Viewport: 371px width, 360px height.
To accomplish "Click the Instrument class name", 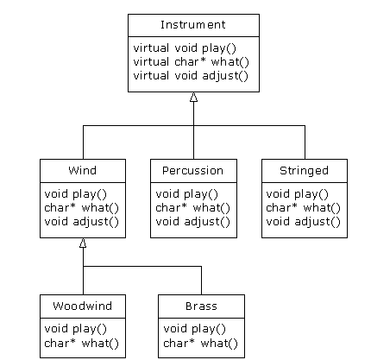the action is click(193, 25).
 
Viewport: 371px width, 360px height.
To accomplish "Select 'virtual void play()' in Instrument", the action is click(185, 48).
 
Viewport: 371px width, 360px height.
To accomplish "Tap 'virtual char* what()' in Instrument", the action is click(192, 62).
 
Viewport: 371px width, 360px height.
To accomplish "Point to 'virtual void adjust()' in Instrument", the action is click(191, 76).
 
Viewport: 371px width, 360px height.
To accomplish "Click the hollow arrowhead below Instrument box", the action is click(193, 97).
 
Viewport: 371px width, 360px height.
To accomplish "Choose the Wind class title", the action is click(83, 170).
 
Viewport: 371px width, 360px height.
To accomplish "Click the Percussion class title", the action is click(193, 171).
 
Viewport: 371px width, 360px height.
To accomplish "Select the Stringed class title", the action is click(305, 171).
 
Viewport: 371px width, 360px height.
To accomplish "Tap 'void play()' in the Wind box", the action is click(75, 194).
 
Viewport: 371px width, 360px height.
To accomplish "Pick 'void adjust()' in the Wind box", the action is click(81, 222).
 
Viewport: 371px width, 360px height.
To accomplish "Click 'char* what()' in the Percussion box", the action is click(192, 208).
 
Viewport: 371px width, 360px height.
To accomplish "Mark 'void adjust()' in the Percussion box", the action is click(192, 222).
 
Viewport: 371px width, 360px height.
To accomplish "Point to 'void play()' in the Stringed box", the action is click(297, 194).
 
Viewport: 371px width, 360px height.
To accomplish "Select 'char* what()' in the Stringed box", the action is click(303, 208).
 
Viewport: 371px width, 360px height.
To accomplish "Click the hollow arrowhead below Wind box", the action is click(83, 243).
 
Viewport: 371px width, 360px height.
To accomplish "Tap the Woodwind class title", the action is click(83, 306).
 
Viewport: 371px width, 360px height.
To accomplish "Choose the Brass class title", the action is click(201, 306).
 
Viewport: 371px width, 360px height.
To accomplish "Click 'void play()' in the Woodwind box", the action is click(75, 329).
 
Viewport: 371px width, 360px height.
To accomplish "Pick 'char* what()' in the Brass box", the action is click(200, 344).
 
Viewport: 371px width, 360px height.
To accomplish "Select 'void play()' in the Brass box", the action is click(194, 329).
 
